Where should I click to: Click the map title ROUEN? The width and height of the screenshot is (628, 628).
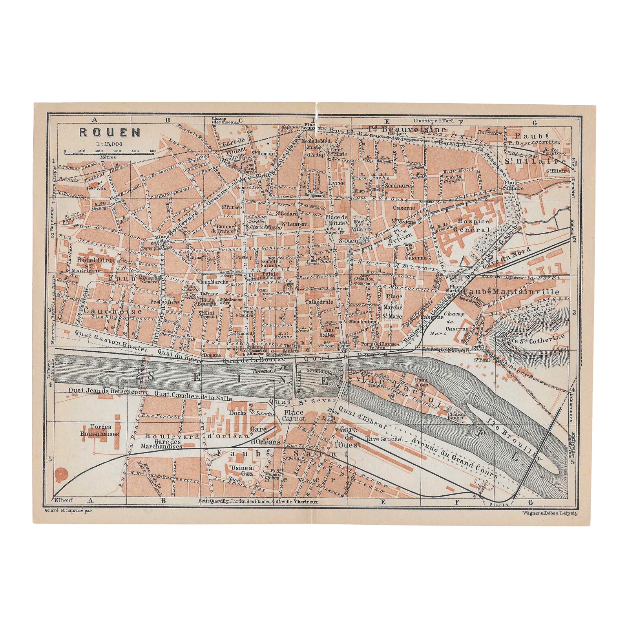pyautogui.click(x=110, y=132)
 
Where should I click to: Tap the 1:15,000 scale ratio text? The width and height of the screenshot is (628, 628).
pyautogui.click(x=109, y=144)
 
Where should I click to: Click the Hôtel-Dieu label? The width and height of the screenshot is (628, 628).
pyautogui.click(x=89, y=260)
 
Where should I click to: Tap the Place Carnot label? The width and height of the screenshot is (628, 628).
pyautogui.click(x=294, y=416)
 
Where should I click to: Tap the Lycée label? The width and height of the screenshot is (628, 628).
pyautogui.click(x=338, y=183)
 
